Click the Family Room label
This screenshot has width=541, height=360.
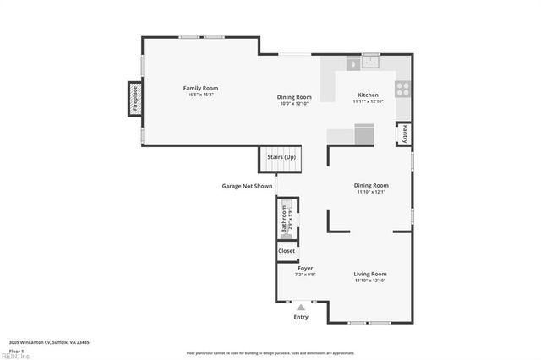pyautogui.click(x=201, y=88)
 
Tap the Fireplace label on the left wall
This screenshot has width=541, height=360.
pyautogui.click(x=134, y=99)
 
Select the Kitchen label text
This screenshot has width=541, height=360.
pyautogui.click(x=368, y=95)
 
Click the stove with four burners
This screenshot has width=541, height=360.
pyautogui.click(x=403, y=88)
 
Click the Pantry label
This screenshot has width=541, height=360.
pyautogui.click(x=405, y=134)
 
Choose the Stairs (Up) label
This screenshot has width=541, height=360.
pyautogui.click(x=281, y=158)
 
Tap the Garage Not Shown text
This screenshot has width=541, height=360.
pyautogui.click(x=247, y=186)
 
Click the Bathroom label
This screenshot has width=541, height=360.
pyautogui.click(x=284, y=220)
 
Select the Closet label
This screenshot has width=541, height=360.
pyautogui.click(x=287, y=251)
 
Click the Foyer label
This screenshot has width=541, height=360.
pyautogui.click(x=304, y=268)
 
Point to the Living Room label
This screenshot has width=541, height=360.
pyautogui.click(x=370, y=274)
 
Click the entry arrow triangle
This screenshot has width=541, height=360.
pyautogui.click(x=301, y=306)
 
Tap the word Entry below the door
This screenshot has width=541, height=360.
pyautogui.click(x=301, y=318)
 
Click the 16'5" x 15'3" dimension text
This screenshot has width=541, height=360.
pyautogui.click(x=201, y=95)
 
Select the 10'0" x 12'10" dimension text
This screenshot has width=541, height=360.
pyautogui.click(x=294, y=103)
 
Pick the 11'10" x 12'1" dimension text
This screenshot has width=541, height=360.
pyautogui.click(x=370, y=192)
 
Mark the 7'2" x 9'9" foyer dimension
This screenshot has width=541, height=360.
pyautogui.click(x=304, y=275)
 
